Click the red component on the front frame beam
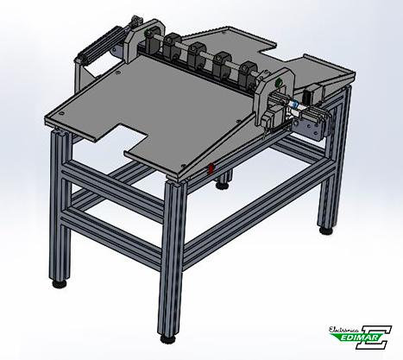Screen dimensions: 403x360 point(211,168)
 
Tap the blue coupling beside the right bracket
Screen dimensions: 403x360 point(294,104)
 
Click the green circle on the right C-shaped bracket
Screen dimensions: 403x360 point(279,83)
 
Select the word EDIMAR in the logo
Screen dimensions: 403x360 point(362,337)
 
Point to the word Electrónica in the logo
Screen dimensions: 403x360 point(343,330)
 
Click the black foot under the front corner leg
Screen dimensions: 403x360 point(167,338)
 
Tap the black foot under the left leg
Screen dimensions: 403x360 point(60,284)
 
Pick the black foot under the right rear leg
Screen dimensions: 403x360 point(326,231)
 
